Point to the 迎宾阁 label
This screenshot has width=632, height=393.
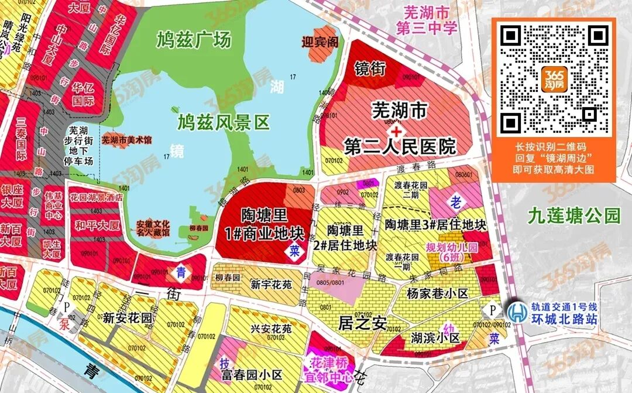(320, 42)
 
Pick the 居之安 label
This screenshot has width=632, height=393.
(363, 323)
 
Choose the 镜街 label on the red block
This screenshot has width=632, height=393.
(370, 69)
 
